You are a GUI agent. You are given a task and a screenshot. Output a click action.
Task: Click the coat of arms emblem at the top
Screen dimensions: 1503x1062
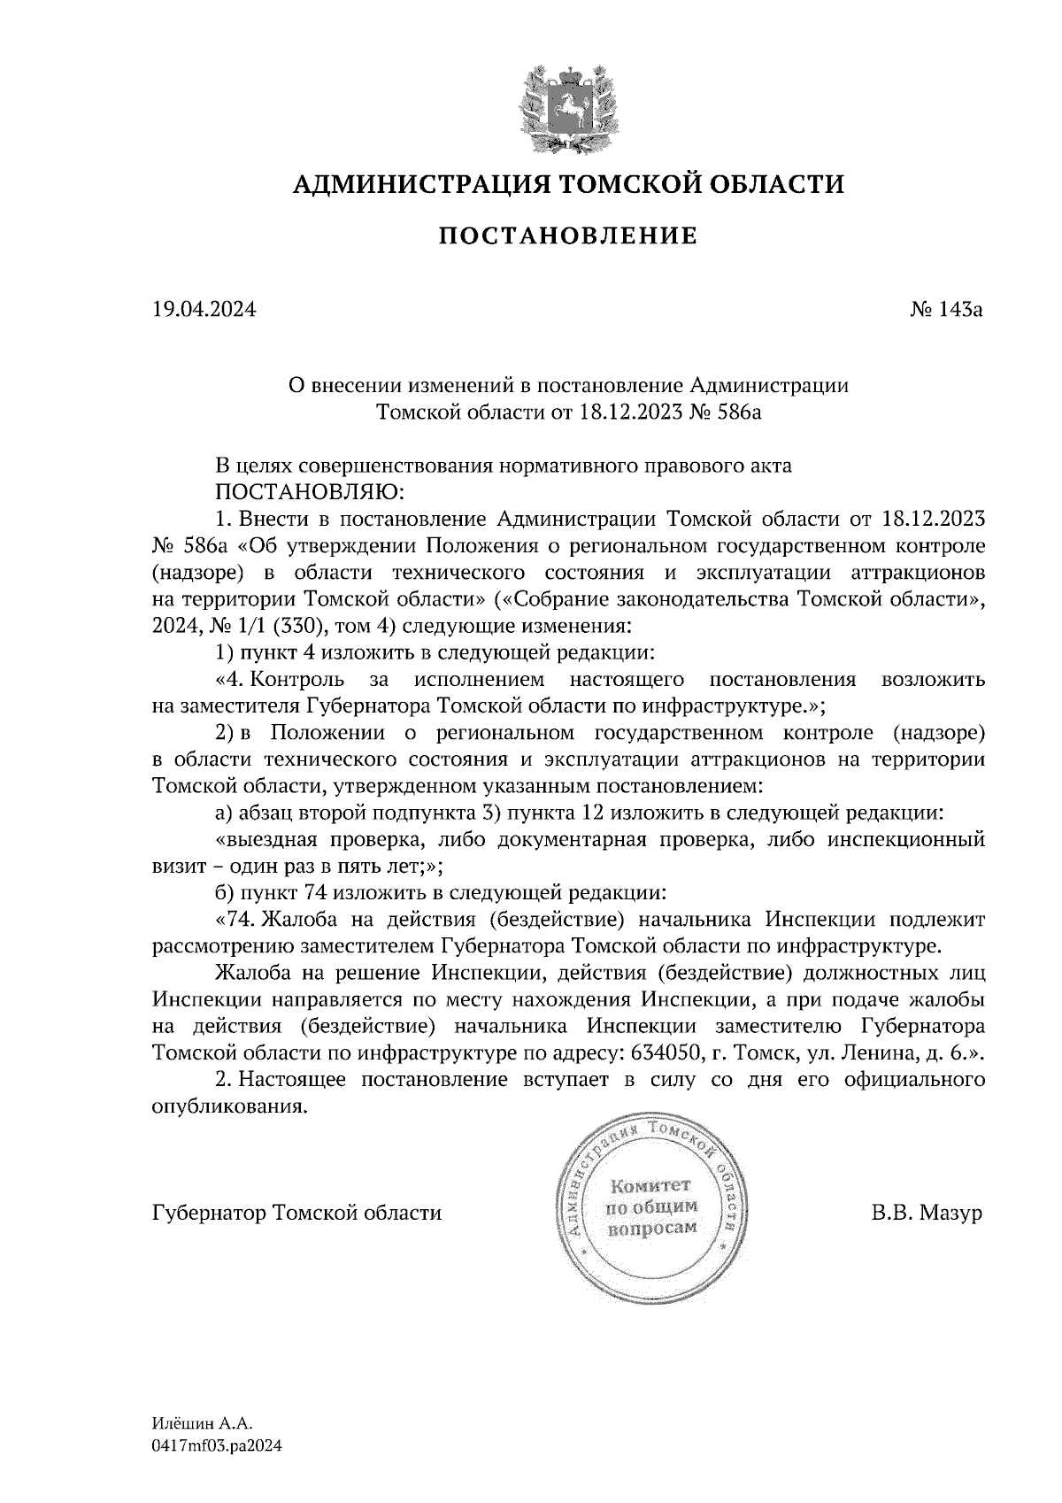(x=568, y=108)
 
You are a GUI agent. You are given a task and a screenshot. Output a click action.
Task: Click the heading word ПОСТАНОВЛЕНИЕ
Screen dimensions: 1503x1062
(x=568, y=235)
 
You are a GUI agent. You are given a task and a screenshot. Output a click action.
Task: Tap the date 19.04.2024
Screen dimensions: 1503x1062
(x=204, y=310)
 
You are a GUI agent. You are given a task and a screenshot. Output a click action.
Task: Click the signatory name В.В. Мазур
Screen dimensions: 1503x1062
(x=927, y=1213)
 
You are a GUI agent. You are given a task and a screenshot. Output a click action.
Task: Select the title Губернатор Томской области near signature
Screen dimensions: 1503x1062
(x=296, y=1213)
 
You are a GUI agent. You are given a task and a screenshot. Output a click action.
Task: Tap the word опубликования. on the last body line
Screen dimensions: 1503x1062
(x=229, y=1106)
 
